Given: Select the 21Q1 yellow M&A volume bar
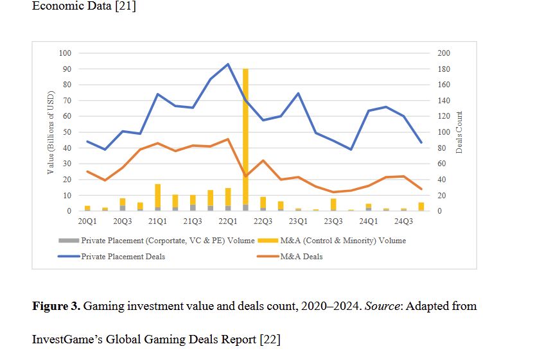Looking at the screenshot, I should point(157,196).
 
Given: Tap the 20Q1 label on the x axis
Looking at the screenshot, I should point(87,221).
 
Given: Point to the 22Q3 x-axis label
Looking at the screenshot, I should point(263,221).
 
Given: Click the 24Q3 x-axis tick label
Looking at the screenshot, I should point(403,221).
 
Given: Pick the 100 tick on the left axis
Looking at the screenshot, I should point(66,53).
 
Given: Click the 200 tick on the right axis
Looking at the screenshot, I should point(444,53).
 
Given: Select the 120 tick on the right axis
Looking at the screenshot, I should point(444,116).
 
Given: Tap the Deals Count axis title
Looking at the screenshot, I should point(459,132).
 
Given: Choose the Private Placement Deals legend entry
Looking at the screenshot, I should point(122,257).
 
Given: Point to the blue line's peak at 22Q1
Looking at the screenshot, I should point(227,64).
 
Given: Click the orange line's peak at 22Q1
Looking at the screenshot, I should point(227,139).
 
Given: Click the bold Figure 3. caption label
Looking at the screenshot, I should point(57,305).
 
